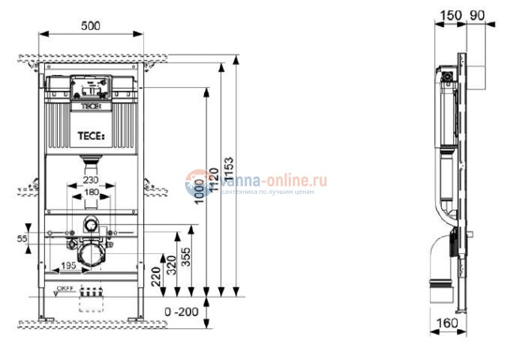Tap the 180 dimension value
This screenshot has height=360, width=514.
93,193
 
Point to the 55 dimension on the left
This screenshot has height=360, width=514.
21,237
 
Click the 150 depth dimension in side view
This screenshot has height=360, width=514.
449,16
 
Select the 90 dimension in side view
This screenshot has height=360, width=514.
476,16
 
